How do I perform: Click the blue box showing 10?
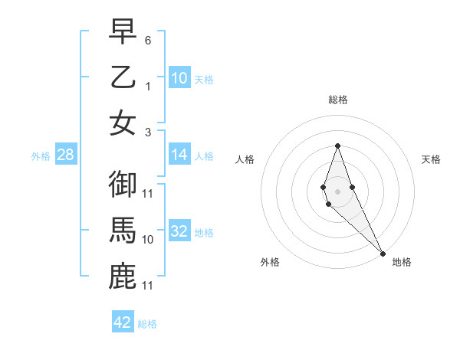179,78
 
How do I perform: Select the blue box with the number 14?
179,155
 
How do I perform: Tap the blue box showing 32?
179,232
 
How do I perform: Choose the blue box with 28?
66,155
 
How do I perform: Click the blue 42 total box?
123,322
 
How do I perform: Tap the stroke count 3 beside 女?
148,132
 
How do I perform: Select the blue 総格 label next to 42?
147,324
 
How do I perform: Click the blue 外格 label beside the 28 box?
41,156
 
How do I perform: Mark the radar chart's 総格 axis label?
337,100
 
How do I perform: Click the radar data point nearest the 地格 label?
383,252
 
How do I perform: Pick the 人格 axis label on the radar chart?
245,159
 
